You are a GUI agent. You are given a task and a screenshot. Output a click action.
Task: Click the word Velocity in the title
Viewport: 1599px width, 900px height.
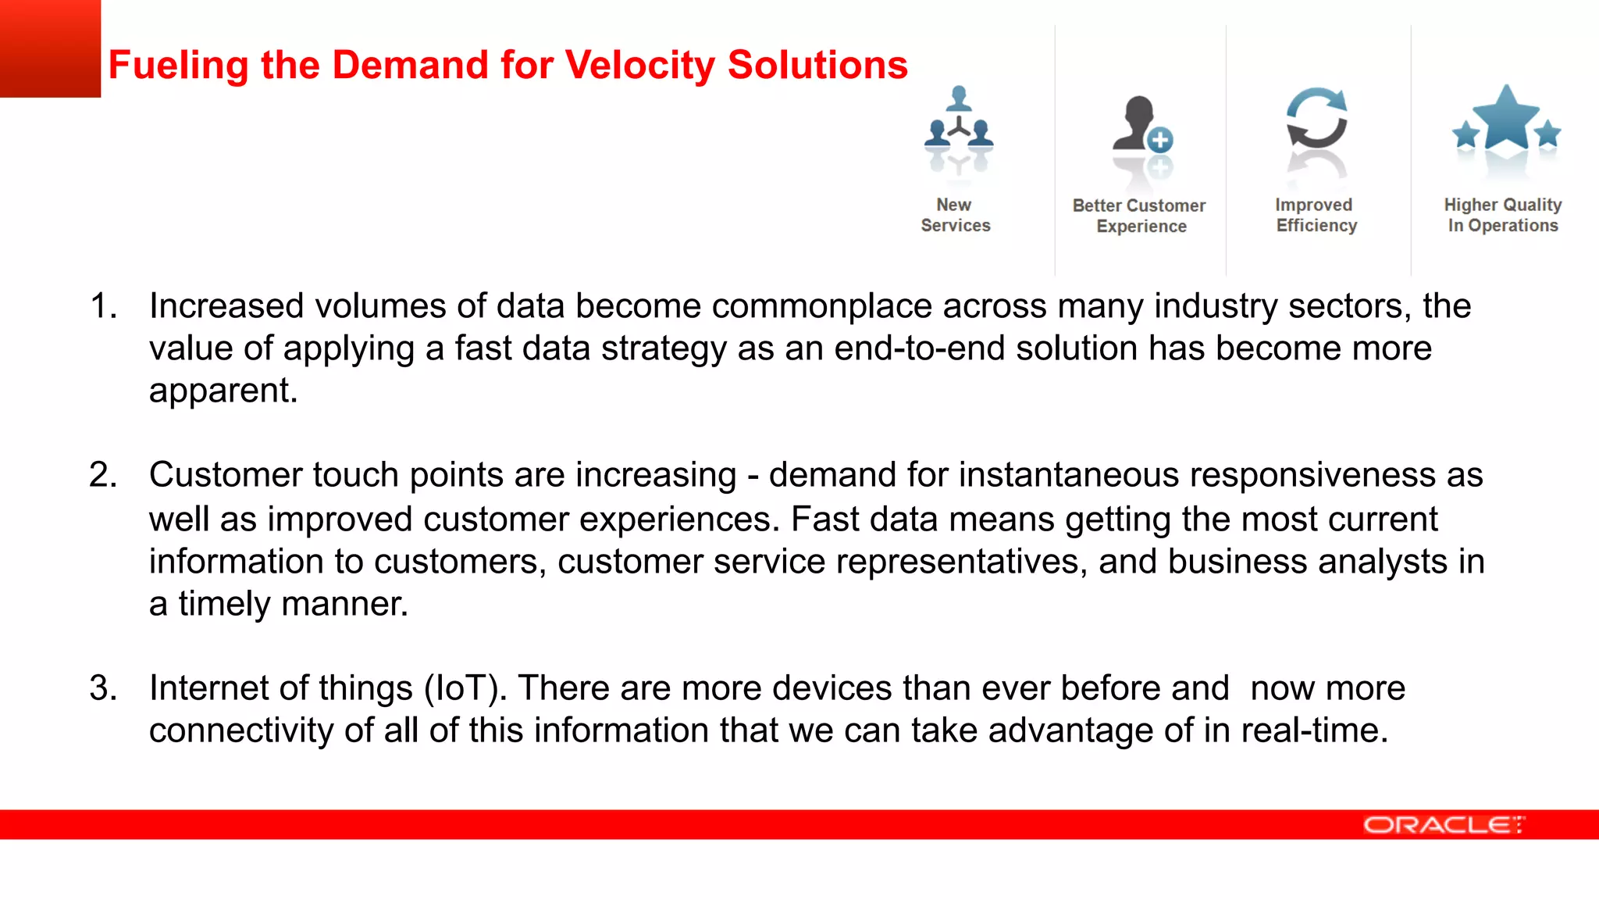click(x=639, y=65)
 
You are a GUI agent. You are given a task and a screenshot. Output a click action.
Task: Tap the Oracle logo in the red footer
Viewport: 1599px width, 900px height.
click(x=1443, y=825)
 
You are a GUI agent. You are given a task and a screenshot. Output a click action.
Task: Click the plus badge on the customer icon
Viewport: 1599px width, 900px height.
click(x=1160, y=140)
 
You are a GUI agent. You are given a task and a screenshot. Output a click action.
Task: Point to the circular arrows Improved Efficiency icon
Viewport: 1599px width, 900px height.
click(x=1316, y=119)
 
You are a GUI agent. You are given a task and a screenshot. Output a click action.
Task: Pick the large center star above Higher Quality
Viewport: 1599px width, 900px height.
click(x=1506, y=119)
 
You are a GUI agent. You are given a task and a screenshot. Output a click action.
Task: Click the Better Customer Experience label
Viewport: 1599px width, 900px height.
click(x=1139, y=216)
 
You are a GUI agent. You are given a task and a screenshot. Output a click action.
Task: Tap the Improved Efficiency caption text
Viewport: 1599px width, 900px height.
click(x=1316, y=215)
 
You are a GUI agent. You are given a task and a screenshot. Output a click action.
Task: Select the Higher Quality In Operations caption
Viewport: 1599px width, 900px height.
click(x=1502, y=215)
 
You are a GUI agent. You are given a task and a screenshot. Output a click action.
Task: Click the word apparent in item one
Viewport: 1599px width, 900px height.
click(x=223, y=391)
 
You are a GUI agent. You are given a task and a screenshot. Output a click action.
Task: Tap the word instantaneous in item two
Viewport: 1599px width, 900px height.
click(x=1069, y=475)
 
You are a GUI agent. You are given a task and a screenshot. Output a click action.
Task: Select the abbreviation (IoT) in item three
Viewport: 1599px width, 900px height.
click(x=465, y=688)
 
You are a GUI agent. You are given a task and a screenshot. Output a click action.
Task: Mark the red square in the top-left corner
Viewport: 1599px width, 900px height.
click(x=50, y=48)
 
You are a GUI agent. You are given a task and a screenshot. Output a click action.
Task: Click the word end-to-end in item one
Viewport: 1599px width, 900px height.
click(x=919, y=348)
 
